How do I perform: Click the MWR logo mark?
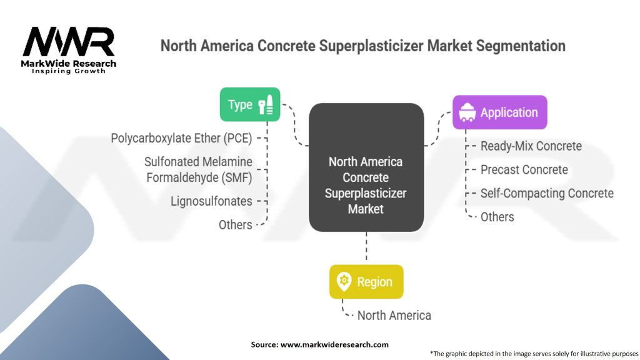(x=69, y=42)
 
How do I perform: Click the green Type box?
(x=250, y=104)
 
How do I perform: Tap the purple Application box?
(x=499, y=112)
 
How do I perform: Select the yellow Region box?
(x=366, y=282)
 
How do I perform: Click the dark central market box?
(x=366, y=167)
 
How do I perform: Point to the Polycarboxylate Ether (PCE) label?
(x=182, y=138)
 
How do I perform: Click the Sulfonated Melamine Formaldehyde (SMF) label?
(x=198, y=170)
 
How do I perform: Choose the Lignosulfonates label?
(x=211, y=201)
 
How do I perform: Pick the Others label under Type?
(x=236, y=225)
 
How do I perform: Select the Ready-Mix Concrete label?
(x=531, y=146)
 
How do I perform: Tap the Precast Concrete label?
(x=524, y=170)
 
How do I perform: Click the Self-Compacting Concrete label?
(x=547, y=194)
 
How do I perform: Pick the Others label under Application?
(x=497, y=217)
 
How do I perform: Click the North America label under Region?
(x=394, y=316)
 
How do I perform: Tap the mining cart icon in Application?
(x=467, y=112)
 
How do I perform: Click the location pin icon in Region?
(x=344, y=282)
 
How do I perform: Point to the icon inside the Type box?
(x=266, y=104)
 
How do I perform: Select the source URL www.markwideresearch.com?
(x=335, y=344)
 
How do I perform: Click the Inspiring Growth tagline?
(x=69, y=71)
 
